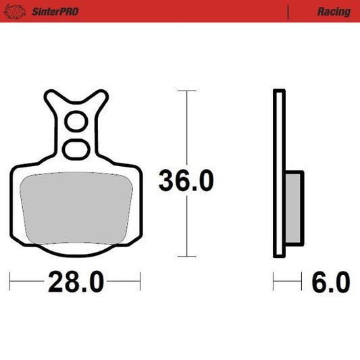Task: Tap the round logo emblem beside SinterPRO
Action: [x=20, y=11]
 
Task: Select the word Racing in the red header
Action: [x=333, y=11]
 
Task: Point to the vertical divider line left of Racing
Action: [x=288, y=11]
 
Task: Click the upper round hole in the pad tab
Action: [x=76, y=122]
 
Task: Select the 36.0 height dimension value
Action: [x=186, y=181]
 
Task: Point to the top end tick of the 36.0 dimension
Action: [x=186, y=91]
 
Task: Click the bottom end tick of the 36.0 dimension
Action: [x=186, y=257]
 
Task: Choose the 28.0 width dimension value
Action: [x=75, y=281]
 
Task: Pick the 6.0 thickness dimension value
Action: [x=330, y=281]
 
